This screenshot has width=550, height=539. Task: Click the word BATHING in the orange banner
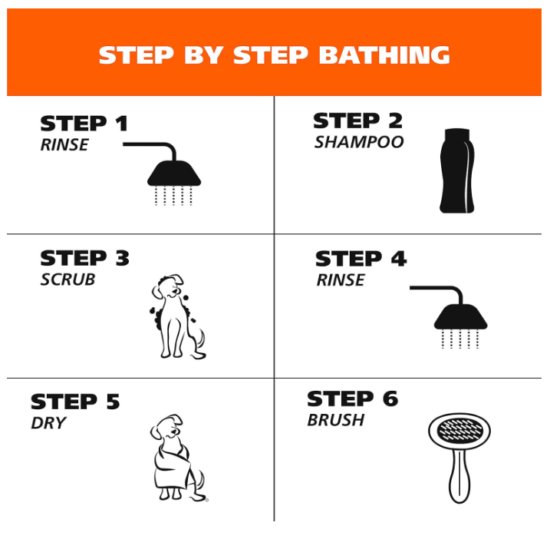(384, 55)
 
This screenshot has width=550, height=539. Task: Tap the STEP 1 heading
(84, 124)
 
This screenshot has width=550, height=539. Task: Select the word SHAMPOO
(359, 142)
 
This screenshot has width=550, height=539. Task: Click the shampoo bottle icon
(457, 170)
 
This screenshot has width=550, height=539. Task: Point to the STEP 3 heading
(85, 258)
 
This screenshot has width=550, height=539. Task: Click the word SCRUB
(68, 279)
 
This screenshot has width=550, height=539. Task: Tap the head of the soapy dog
(167, 286)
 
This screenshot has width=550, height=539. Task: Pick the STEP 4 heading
(361, 259)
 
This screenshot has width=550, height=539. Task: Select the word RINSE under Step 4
(341, 280)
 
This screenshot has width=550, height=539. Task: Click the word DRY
(48, 423)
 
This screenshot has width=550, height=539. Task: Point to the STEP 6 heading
(353, 398)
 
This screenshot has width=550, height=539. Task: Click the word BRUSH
(336, 420)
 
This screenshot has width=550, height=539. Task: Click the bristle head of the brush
(459, 431)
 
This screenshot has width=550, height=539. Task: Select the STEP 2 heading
(357, 121)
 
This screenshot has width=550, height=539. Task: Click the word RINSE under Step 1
(64, 144)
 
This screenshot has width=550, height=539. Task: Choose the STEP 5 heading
(75, 402)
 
